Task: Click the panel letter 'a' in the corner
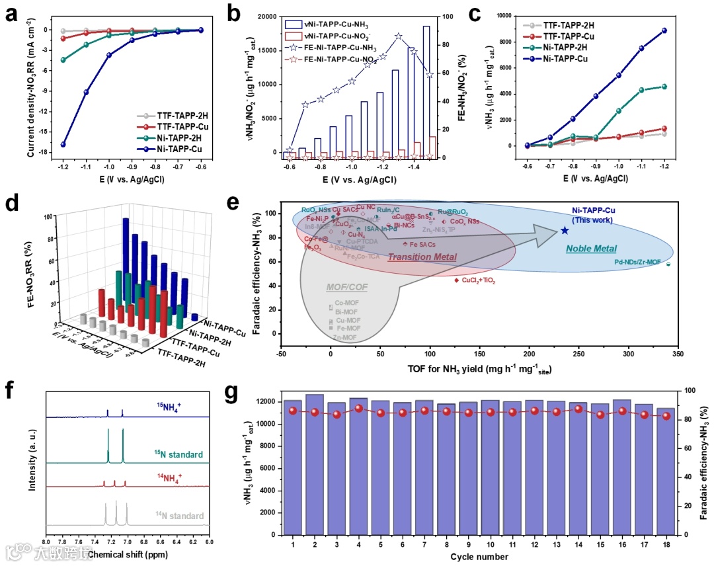11,14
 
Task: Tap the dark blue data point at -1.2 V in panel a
63,144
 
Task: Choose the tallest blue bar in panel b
426,89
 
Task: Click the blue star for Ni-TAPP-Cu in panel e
565,230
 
